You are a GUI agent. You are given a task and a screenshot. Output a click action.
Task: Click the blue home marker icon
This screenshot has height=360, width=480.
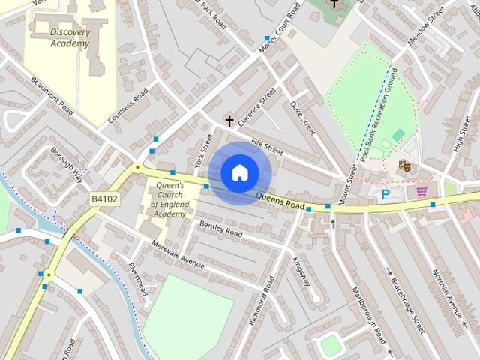[239, 172]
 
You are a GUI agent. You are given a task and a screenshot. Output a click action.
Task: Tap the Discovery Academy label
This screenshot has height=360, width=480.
[69, 37]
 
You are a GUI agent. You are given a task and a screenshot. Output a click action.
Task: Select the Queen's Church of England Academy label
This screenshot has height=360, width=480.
[169, 199]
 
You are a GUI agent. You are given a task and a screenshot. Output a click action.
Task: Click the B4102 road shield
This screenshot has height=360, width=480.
[104, 199]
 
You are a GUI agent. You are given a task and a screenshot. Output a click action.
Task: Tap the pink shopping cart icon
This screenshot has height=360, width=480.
[422, 192]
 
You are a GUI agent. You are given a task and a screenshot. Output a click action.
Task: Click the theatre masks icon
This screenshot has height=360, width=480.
[405, 166]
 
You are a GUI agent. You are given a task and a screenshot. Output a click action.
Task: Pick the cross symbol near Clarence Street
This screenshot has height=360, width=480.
[229, 121]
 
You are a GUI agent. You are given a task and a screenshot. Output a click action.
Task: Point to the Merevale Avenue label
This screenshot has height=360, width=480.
[178, 254]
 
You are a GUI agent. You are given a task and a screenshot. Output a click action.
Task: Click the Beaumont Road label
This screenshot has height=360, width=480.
[52, 95]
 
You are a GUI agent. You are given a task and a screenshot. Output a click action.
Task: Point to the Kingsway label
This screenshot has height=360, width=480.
[301, 271]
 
